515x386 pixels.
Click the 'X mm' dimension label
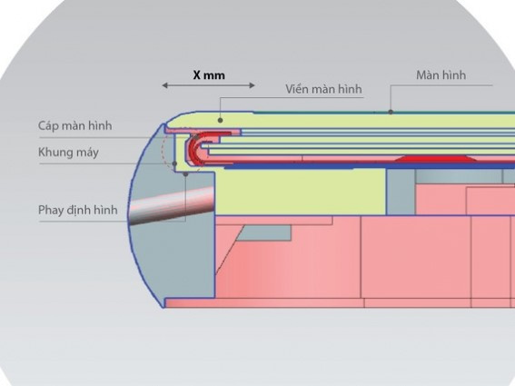[x=209, y=75]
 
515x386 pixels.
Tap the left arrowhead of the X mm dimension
[x=165, y=85]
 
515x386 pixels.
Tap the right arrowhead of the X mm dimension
[x=252, y=85]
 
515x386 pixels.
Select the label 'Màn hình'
[x=441, y=74]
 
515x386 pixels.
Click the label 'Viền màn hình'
[x=323, y=89]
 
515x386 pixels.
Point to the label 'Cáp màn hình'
[x=74, y=125]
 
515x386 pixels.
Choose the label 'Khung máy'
[x=68, y=153]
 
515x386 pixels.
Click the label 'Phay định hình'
[x=78, y=210]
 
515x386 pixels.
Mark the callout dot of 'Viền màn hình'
[x=221, y=120]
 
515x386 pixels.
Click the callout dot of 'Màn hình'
[x=391, y=112]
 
